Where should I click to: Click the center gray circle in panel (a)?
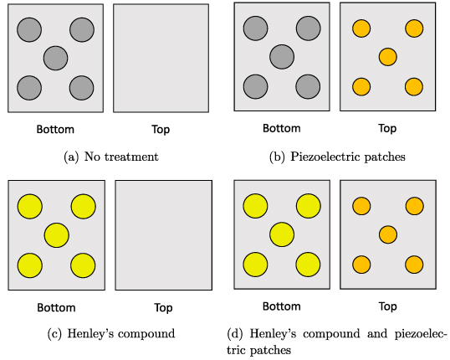[55, 59]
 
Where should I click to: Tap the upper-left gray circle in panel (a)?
[29, 30]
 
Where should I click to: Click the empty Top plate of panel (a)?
[160, 58]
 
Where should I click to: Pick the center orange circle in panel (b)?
[387, 57]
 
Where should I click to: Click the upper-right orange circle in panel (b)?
[414, 28]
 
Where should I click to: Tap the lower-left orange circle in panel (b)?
[361, 86]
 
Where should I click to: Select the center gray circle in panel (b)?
[282, 58]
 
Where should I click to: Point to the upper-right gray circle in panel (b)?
[309, 30]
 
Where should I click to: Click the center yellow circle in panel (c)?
[56, 235]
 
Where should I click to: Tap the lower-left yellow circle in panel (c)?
[29, 265]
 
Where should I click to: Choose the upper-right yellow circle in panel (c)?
[83, 206]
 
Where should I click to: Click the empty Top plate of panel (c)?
[161, 235]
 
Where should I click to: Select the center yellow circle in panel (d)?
[282, 234]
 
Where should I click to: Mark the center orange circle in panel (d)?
[387, 234]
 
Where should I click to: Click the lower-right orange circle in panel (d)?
[413, 265]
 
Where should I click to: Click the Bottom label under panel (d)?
[281, 306]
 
